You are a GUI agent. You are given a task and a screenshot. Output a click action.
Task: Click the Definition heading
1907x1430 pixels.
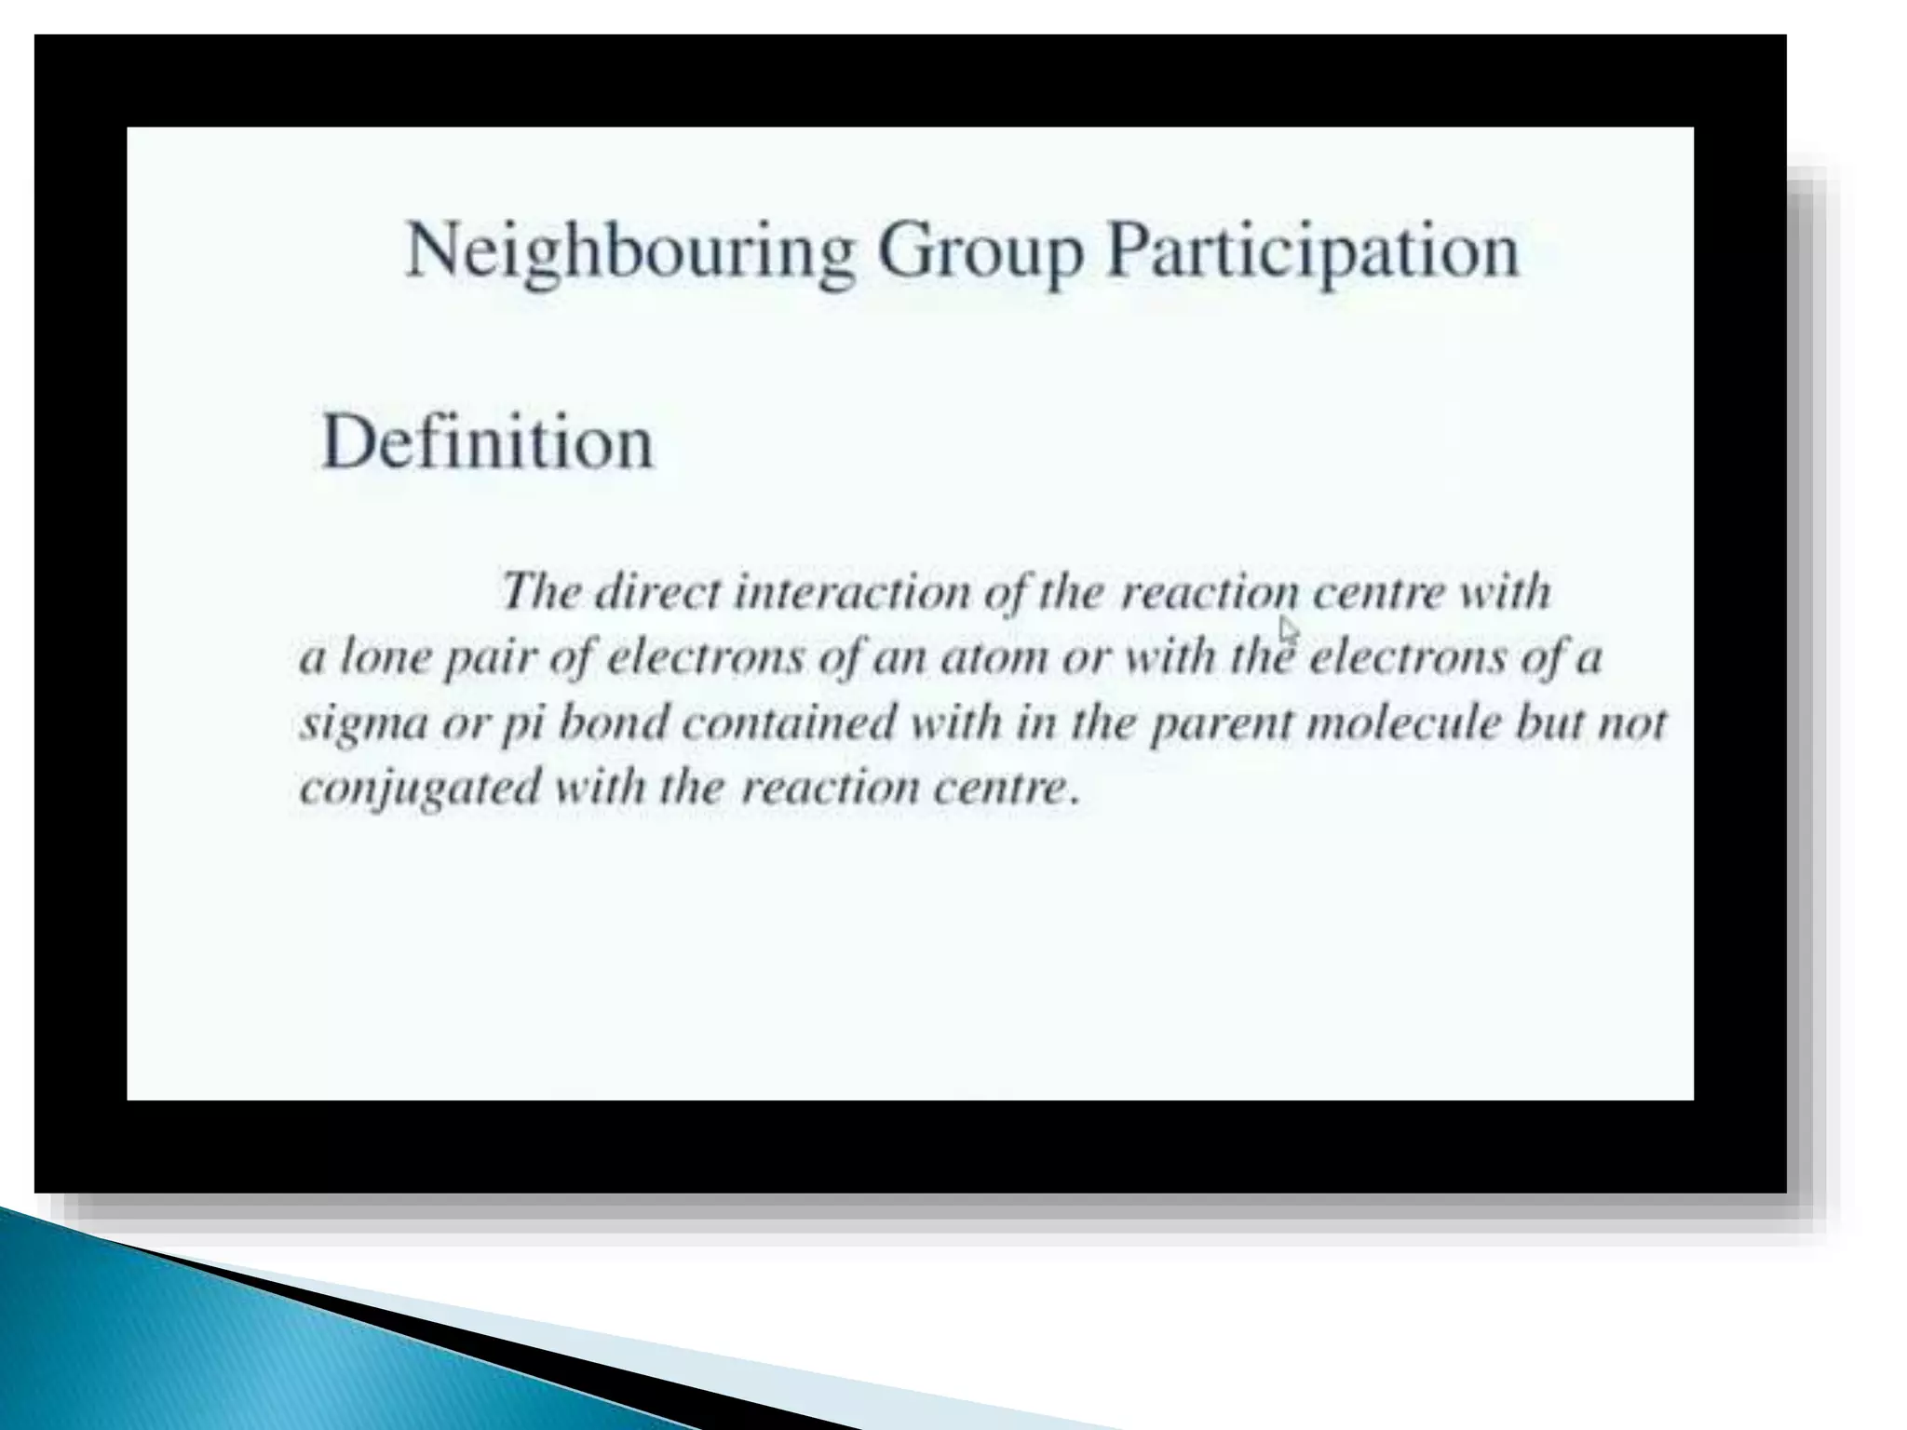pyautogui.click(x=487, y=442)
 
